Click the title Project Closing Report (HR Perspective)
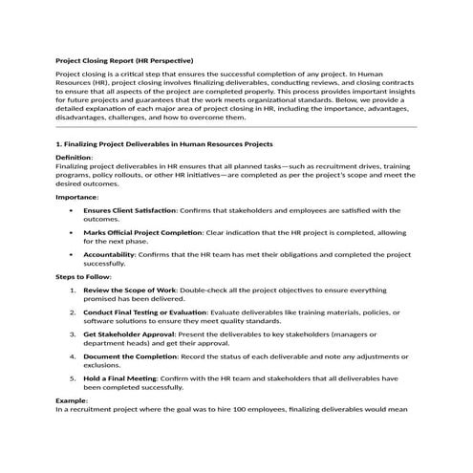pyautogui.click(x=124, y=60)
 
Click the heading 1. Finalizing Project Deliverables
pyautogui.click(x=165, y=143)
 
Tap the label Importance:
pyautogui.click(x=77, y=196)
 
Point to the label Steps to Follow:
pyautogui.click(x=84, y=276)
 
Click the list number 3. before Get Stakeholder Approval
pyautogui.click(x=74, y=333)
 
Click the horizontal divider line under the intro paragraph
pyautogui.click(x=236, y=127)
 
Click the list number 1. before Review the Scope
pyautogui.click(x=74, y=289)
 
